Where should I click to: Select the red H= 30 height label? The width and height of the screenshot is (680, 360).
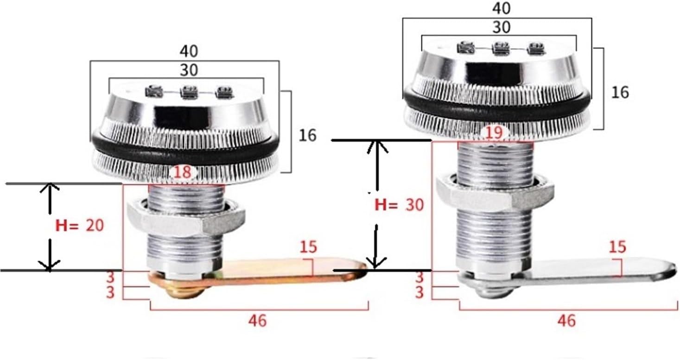tap(399, 204)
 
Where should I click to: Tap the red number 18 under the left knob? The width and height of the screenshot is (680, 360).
tap(183, 172)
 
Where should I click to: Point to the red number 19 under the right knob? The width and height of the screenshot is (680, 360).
tap(494, 133)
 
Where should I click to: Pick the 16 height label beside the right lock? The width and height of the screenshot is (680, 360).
tap(619, 92)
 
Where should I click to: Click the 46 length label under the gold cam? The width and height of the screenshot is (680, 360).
tap(257, 320)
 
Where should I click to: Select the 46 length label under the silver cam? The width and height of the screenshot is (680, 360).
tap(566, 320)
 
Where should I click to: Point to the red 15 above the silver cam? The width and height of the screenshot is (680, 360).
tap(616, 247)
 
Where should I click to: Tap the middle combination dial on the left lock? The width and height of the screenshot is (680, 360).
tap(188, 92)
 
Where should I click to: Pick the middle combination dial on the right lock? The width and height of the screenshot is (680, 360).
tap(501, 47)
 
